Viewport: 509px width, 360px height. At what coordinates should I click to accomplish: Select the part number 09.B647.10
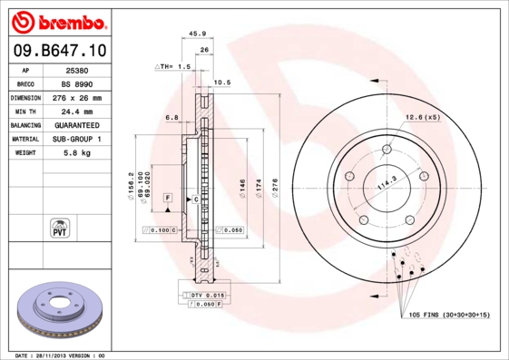click(x=57, y=51)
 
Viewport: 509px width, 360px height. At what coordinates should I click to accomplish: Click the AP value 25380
click(x=76, y=70)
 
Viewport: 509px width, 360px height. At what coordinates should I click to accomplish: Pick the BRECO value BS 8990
click(x=76, y=83)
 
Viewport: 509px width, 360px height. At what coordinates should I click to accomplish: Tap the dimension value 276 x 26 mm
click(x=76, y=97)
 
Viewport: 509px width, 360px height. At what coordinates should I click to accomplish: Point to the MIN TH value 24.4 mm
click(x=76, y=111)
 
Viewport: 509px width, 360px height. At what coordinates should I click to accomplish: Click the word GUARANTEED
click(x=76, y=124)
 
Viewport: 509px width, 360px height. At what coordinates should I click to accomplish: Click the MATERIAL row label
click(x=24, y=139)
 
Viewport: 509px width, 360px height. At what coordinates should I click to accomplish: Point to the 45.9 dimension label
click(x=194, y=34)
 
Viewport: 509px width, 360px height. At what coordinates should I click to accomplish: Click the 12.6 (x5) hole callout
click(x=422, y=117)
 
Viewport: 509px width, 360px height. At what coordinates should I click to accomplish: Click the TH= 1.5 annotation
click(x=172, y=66)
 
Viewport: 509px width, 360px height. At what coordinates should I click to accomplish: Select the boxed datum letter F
click(x=167, y=197)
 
